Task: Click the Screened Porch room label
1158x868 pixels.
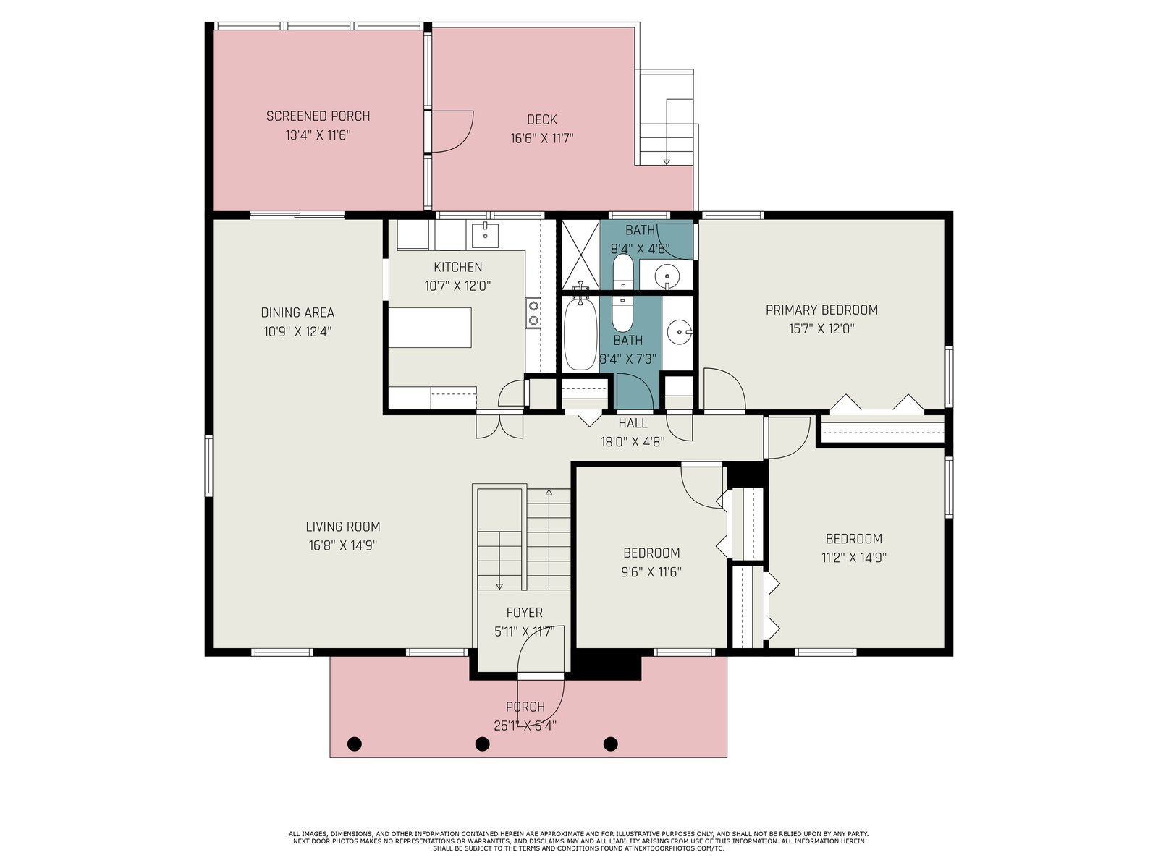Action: [318, 116]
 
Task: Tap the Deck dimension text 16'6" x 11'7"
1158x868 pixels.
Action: [541, 139]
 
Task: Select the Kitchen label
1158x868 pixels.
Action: [457, 267]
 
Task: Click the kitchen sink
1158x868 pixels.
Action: [485, 235]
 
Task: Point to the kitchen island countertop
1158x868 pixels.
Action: [429, 328]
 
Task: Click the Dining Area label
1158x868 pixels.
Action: [297, 312]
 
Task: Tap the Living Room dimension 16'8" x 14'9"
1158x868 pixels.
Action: [343, 545]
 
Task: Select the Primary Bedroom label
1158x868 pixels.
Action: [821, 310]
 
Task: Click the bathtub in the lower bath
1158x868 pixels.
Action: [580, 335]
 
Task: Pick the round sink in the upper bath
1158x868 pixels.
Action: [667, 275]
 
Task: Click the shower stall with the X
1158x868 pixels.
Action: [580, 255]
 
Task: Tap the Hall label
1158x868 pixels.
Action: [633, 423]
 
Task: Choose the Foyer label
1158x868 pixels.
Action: [524, 613]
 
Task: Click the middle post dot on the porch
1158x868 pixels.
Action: [482, 744]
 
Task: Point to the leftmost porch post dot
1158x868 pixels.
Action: [355, 744]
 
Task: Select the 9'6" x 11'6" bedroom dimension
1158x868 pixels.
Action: [651, 572]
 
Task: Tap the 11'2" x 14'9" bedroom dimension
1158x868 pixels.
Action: [853, 558]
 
